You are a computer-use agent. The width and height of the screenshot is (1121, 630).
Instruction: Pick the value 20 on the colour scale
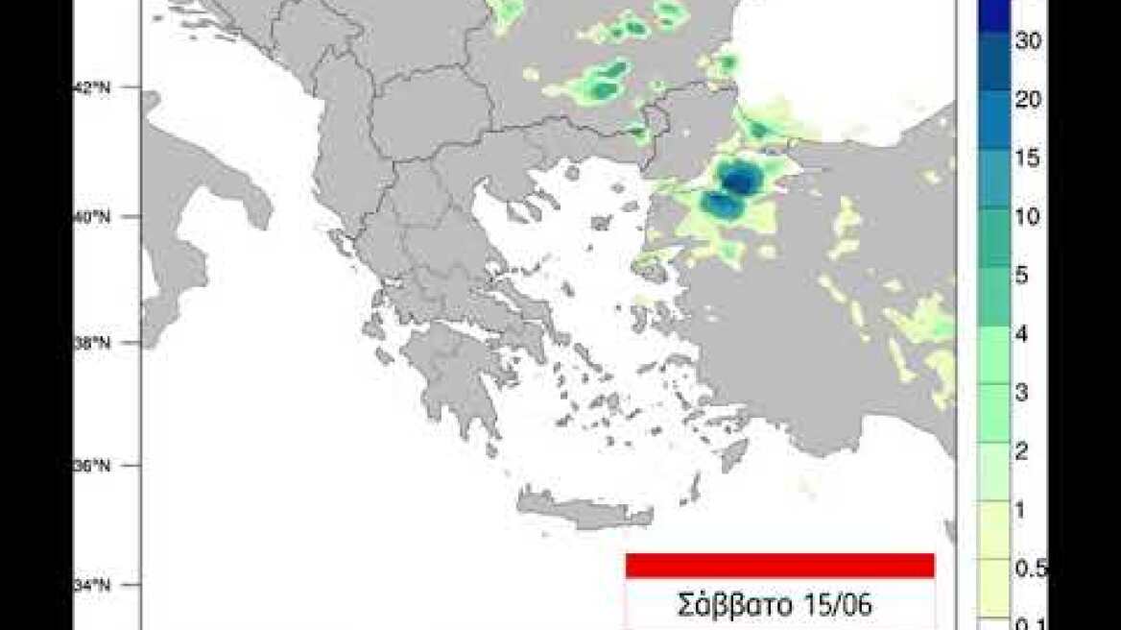pos(1029,100)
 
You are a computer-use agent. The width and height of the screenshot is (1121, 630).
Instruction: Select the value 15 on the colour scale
pos(1028,158)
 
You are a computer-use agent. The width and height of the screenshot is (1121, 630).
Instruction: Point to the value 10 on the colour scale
pos(1028,217)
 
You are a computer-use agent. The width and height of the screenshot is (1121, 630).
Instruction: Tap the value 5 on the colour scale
pos(1023,276)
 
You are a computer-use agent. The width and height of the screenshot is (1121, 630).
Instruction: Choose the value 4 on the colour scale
pos(1023,334)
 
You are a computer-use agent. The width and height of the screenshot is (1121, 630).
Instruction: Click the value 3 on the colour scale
pos(1023,393)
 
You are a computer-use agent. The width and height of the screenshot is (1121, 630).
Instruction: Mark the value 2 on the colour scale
pos(1023,451)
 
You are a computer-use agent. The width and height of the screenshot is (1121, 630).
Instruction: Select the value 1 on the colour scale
pos(1023,510)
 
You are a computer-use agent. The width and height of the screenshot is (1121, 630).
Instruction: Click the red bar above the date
pos(779,566)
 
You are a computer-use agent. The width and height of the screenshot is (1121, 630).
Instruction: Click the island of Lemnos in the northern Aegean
pos(602,223)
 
